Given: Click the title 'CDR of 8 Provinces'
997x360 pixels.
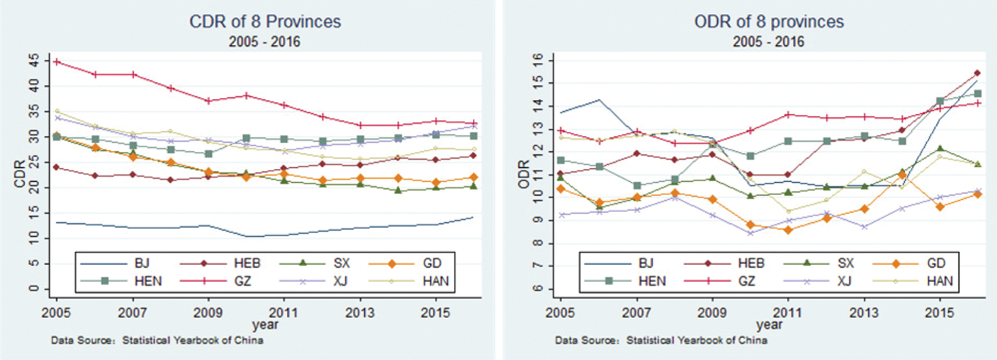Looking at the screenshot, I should [265, 22].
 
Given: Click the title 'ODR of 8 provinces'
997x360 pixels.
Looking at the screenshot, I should [769, 22].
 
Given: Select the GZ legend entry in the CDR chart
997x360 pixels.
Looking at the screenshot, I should [242, 281].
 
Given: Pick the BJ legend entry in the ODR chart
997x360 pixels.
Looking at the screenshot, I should [645, 263].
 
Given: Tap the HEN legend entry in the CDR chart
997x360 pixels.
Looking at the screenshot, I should [148, 281].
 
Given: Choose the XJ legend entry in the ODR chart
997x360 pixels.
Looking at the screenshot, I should [845, 281].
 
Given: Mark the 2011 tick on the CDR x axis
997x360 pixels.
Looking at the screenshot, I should [283, 313].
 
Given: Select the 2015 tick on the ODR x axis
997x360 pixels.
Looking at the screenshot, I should [939, 313].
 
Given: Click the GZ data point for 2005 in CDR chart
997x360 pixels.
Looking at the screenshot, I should [57, 62].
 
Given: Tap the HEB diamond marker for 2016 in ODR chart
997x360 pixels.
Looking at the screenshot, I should [977, 73].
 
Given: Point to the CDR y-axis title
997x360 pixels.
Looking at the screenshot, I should [20, 174].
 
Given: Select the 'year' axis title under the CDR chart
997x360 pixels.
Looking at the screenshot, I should [265, 325].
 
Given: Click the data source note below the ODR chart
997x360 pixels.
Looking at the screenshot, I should [661, 341].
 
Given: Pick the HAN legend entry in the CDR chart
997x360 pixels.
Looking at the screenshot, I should [436, 281].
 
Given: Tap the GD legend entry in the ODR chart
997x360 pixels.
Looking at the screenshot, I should [936, 263].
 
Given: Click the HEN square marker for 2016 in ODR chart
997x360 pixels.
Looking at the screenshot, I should [977, 94].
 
